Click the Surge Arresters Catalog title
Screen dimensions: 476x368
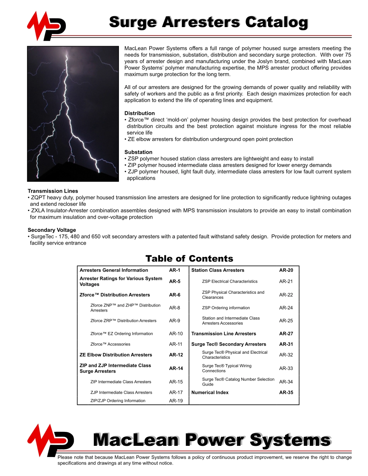coord(208,22)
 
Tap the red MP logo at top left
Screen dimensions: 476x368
coord(46,26)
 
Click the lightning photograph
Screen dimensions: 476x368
coord(73,114)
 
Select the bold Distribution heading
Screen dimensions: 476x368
coord(139,113)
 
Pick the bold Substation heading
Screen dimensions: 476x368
coord(138,152)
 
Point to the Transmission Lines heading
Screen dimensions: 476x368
coord(53,191)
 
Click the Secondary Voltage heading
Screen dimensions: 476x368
coord(52,230)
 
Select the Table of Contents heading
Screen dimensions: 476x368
coord(189,259)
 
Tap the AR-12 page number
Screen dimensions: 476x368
coord(176,355)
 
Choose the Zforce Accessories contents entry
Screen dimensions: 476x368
coord(110,344)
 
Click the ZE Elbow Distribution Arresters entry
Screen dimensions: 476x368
coord(116,355)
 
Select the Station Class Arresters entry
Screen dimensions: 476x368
coord(218,270)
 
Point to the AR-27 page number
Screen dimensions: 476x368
coord(286,334)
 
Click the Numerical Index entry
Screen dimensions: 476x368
coord(210,392)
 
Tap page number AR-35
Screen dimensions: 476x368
coord(286,392)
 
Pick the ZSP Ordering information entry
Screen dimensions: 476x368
coord(226,308)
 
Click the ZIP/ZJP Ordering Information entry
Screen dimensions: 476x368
coord(118,401)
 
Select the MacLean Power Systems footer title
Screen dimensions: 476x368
coord(212,440)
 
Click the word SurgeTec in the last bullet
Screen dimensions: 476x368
coord(41,236)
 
